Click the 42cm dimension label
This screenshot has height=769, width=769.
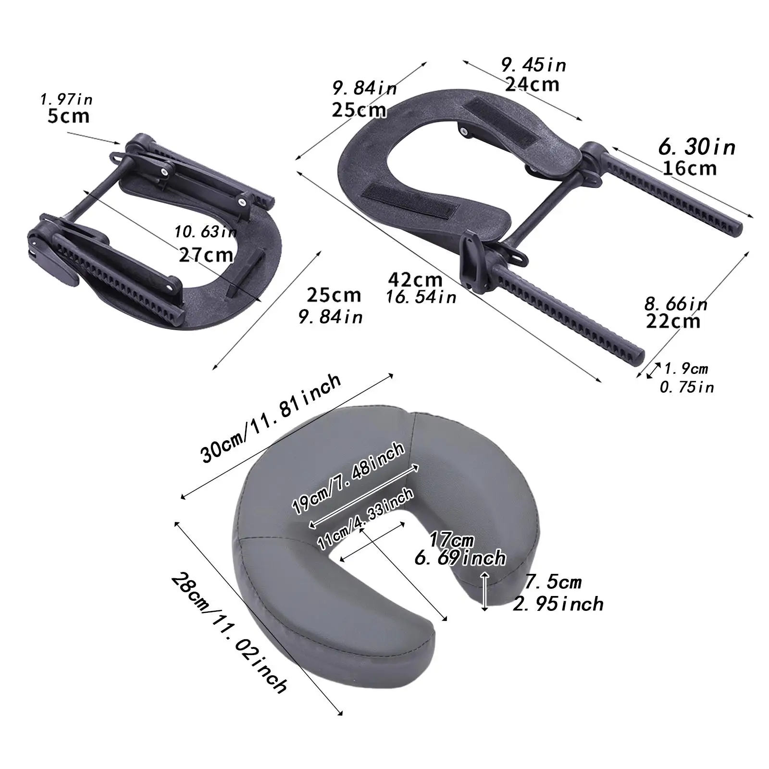(x=415, y=279)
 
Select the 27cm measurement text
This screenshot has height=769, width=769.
(x=206, y=254)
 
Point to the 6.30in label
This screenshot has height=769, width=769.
(x=696, y=147)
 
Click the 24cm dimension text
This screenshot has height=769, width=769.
(x=532, y=84)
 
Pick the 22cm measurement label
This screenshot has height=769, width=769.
(x=673, y=321)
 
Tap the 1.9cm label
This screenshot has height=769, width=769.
(x=686, y=369)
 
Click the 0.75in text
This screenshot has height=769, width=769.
(x=686, y=387)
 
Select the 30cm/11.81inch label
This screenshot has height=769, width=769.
(x=272, y=418)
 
